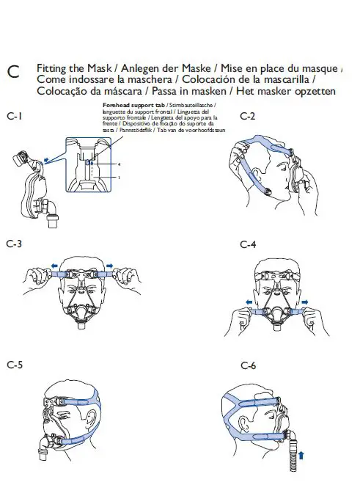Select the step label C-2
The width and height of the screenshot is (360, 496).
(248, 116)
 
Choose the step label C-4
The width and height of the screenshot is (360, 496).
(248, 243)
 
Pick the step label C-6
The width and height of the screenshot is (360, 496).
(248, 365)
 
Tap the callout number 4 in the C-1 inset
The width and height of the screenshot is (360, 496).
(118, 165)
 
